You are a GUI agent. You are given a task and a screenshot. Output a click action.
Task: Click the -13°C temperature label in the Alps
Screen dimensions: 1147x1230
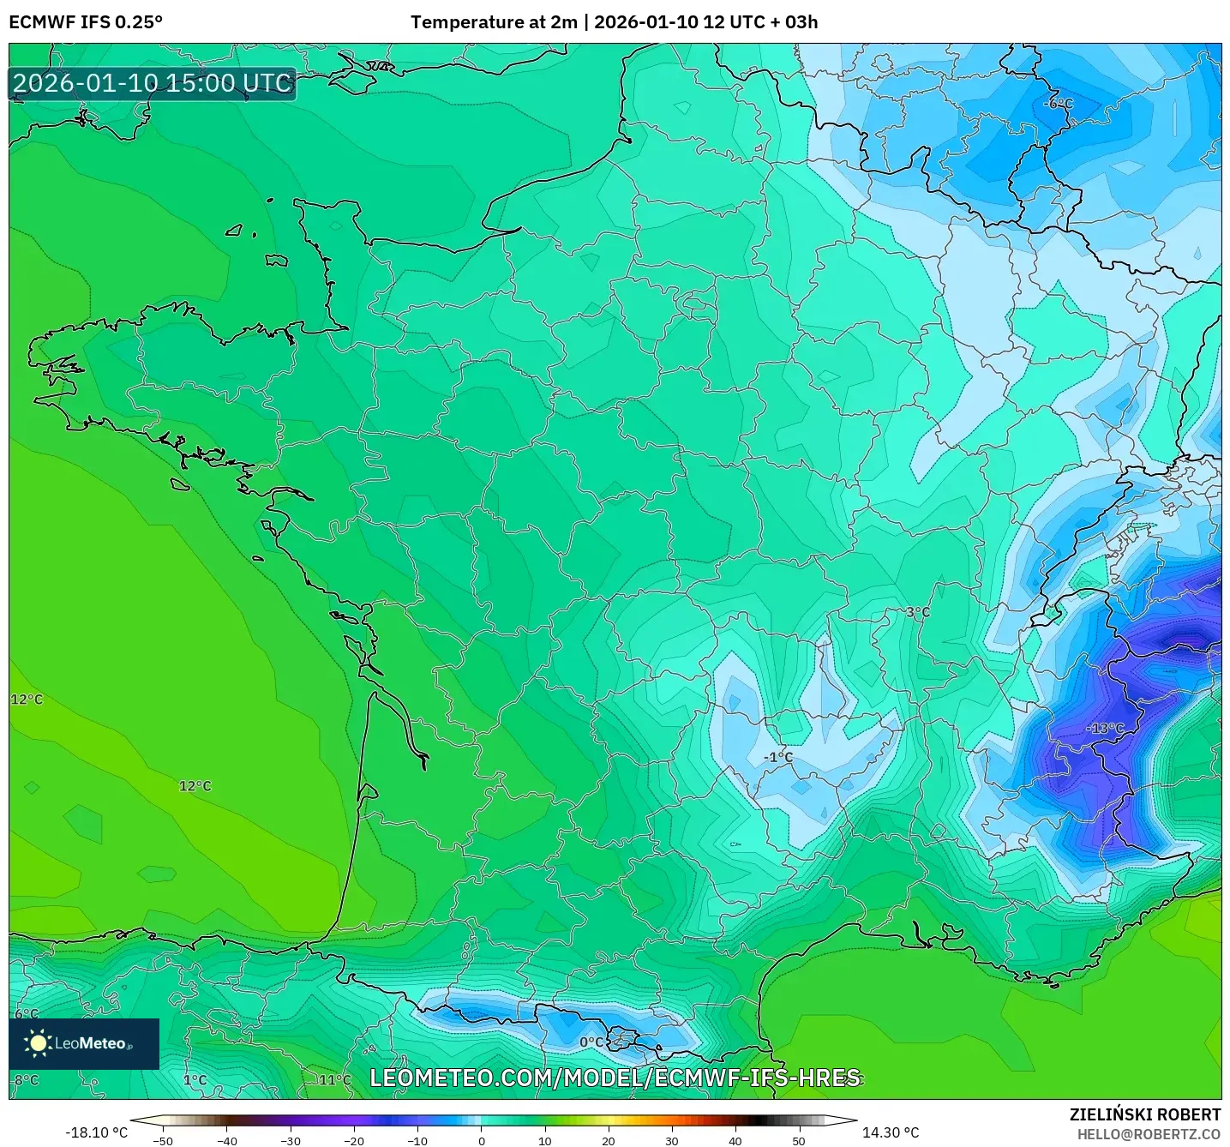point(1105,728)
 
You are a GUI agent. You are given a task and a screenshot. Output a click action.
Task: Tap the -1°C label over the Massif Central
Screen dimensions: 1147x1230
point(778,757)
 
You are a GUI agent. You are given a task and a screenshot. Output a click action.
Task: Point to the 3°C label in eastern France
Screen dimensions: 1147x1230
point(917,612)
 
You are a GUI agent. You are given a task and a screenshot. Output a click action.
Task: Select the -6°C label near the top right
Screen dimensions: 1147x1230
point(1059,104)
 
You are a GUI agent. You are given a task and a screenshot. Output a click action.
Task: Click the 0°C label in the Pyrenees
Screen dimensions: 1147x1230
point(591,1042)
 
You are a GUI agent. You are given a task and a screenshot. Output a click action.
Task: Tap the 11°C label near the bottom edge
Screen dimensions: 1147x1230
point(335,1079)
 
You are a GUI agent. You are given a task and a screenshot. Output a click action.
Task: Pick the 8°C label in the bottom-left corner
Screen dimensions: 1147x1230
point(26,1079)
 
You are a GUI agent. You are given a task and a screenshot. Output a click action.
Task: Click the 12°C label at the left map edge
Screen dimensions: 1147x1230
point(26,700)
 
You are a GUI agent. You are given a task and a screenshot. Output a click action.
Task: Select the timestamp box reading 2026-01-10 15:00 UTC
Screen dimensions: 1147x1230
point(153,83)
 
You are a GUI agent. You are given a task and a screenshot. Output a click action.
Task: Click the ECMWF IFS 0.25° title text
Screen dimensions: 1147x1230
point(86,22)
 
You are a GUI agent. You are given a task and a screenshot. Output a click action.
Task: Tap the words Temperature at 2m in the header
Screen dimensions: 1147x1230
point(494,22)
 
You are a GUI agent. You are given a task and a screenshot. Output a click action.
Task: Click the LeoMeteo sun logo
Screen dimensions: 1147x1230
point(38,1043)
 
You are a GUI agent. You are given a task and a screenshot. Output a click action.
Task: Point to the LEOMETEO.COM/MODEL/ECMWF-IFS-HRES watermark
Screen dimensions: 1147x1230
point(615,1078)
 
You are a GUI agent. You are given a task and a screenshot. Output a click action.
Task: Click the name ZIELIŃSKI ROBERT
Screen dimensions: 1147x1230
point(1144,1114)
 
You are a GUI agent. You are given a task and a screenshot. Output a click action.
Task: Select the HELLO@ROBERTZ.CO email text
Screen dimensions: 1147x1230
point(1148,1134)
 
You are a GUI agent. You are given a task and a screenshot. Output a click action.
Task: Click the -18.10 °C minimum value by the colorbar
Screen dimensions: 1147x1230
point(96,1132)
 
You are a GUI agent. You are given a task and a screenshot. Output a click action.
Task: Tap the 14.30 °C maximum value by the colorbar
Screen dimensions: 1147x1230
point(891,1132)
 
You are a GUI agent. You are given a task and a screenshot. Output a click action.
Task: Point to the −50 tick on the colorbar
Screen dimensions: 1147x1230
point(163,1141)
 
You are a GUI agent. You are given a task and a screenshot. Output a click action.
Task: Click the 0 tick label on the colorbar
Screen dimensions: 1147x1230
point(481,1141)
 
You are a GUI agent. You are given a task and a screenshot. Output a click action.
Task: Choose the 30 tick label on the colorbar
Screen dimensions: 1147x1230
point(671,1141)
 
